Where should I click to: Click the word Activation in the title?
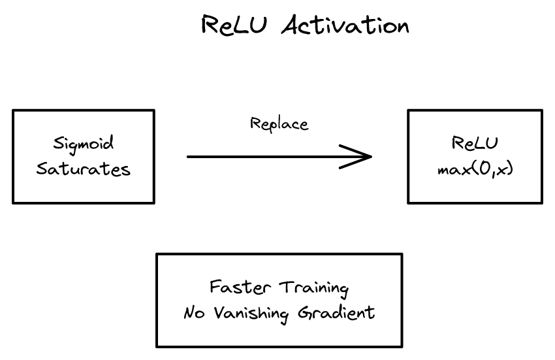(346, 25)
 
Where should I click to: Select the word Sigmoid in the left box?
(84, 143)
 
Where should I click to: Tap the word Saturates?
(84, 169)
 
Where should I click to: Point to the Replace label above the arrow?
(279, 123)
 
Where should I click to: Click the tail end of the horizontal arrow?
(189, 157)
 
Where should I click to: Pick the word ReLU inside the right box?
(475, 143)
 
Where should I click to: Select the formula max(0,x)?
(475, 169)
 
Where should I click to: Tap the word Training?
(313, 288)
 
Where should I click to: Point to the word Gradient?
(336, 313)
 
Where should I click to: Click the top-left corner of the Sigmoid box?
(13, 110)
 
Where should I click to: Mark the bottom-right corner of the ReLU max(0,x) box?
(542, 203)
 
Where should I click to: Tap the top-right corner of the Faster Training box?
(402, 254)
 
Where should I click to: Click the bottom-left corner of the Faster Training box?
(157, 346)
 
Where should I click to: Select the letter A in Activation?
(292, 25)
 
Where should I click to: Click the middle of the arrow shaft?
(277, 157)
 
